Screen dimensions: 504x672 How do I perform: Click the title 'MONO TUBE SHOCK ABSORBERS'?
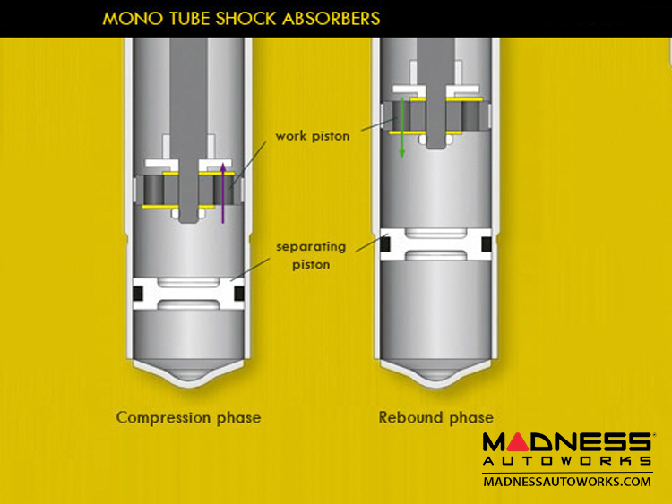[240, 18]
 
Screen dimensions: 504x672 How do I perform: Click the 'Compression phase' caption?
[188, 417]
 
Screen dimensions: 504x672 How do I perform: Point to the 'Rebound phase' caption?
[435, 417]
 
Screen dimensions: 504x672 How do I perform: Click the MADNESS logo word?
[566, 441]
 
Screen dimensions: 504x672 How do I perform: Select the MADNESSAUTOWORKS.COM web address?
[566, 482]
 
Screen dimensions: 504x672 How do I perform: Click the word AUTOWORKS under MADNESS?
[566, 461]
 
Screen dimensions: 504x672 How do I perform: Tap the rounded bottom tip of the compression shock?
[188, 380]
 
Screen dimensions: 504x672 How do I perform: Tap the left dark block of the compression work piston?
[156, 190]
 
